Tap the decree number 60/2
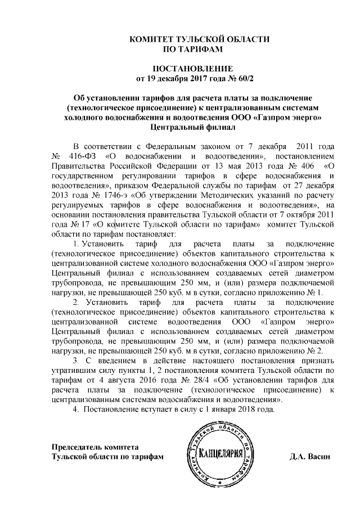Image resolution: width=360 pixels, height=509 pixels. [x=214, y=78]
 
